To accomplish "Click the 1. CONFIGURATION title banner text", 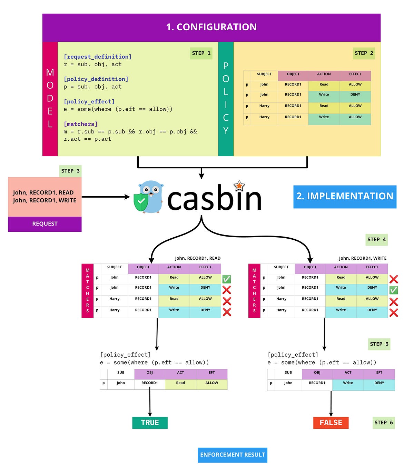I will (211, 27).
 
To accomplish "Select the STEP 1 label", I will (201, 53).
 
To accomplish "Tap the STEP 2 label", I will (364, 53).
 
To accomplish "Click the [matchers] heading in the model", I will (80, 124).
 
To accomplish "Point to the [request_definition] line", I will (98, 57).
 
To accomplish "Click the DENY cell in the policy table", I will (355, 94).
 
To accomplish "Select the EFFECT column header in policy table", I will (355, 74).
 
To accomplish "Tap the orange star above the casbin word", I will (239, 186).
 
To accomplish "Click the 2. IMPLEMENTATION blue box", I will (345, 196).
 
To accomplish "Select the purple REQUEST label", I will (45, 224).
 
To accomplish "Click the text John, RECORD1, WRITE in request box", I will (45, 200).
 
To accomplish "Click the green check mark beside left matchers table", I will (227, 279).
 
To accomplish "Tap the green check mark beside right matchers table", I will (393, 290).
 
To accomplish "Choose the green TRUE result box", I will (150, 422).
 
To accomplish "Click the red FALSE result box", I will (331, 422).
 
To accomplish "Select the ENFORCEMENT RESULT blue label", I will (233, 455).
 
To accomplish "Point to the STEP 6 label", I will (383, 422).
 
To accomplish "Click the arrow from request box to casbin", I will (105, 197).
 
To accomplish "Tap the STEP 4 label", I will (376, 239).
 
